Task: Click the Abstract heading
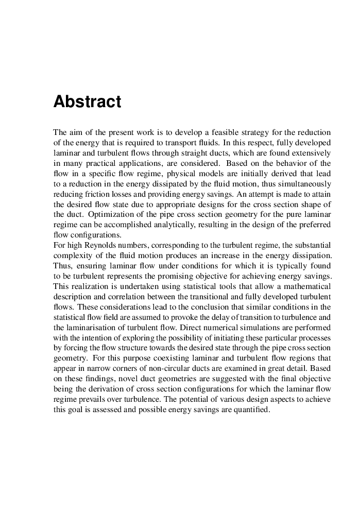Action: click(x=87, y=101)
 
